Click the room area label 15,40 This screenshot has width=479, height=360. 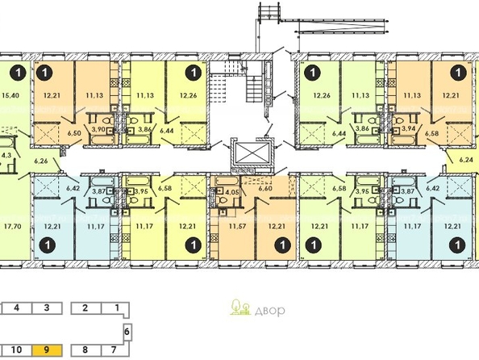[10, 95]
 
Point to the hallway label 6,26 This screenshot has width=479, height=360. [42, 161]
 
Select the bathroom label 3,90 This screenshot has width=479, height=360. [98, 129]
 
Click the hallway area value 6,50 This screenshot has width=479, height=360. [73, 132]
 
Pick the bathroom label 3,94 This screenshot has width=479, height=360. [409, 128]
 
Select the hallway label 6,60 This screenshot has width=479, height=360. [264, 188]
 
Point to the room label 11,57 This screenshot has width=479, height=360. [237, 227]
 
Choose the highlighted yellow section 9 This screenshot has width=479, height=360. [47, 350]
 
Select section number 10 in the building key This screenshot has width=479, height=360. [16, 350]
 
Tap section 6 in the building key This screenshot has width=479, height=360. [127, 332]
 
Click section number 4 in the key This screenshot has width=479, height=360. [17, 308]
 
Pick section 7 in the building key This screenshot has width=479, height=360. [114, 350]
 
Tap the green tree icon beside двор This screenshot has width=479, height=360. [240, 307]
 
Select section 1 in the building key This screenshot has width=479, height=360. [117, 308]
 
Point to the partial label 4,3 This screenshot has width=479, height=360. [6, 155]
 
